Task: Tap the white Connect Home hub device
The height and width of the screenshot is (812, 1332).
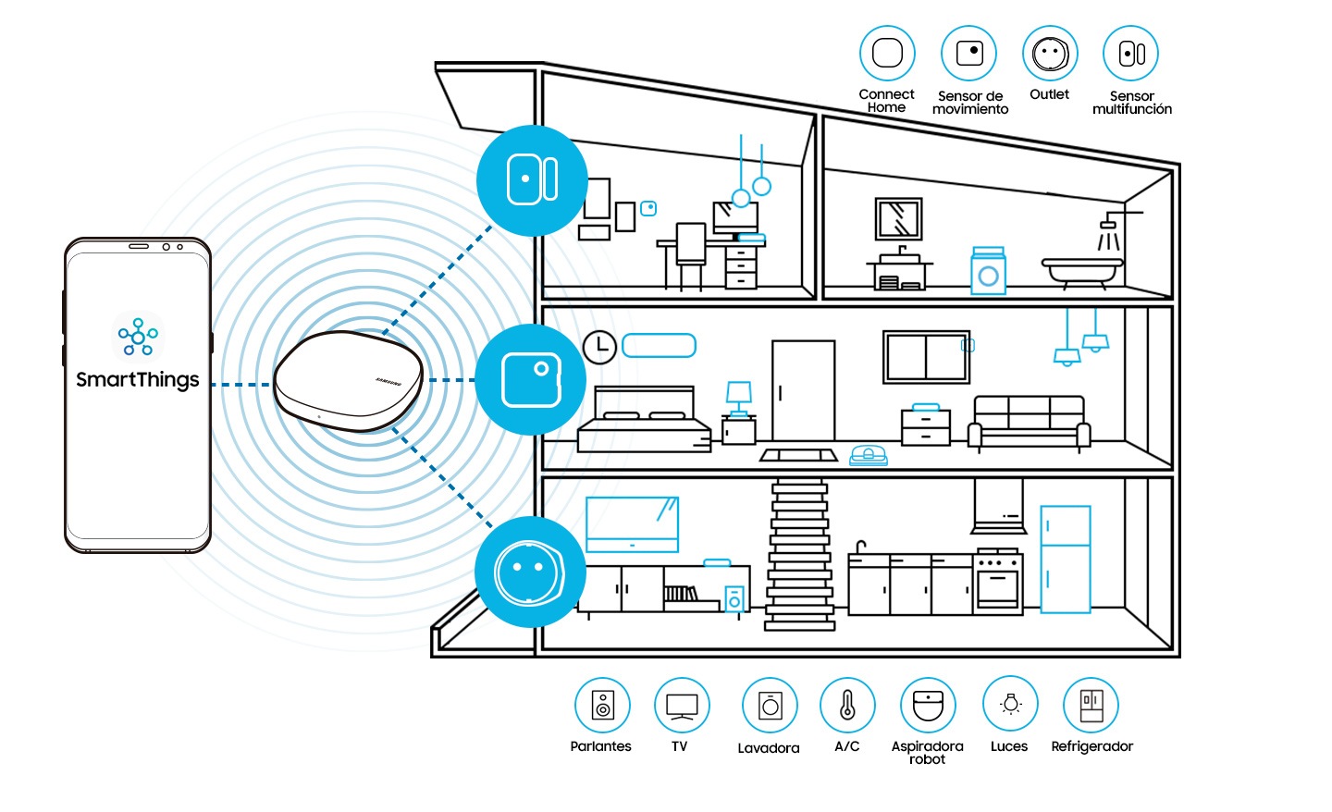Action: coord(349,380)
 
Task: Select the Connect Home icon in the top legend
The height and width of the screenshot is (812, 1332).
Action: coord(887,53)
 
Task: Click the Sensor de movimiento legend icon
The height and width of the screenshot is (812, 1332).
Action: coord(968,53)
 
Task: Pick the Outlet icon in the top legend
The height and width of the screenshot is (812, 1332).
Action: coord(1050,53)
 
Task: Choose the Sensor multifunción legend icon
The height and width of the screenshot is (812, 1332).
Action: coord(1131,53)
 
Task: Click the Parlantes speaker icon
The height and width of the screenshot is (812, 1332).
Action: coord(602,705)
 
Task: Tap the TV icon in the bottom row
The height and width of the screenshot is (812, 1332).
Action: coord(682,705)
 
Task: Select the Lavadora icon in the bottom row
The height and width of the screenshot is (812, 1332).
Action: coord(770,705)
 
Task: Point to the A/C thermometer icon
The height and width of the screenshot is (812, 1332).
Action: coord(847,705)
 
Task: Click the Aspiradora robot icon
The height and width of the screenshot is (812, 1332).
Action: coord(928,705)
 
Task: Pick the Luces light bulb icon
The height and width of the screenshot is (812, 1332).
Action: coord(1010,705)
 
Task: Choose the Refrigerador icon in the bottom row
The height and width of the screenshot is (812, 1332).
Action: coord(1091,705)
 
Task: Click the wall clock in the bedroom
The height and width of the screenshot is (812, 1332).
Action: coord(599,347)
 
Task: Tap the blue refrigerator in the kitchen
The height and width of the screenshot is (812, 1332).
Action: coord(1066,559)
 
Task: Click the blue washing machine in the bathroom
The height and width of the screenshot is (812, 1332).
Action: coord(988,271)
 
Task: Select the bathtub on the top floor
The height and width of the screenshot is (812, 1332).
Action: coord(1082,270)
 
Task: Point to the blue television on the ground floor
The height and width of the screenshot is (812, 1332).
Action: coord(632,523)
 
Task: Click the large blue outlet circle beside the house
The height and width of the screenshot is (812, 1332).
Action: coord(530,572)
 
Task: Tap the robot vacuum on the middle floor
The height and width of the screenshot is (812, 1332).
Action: coord(869,455)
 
